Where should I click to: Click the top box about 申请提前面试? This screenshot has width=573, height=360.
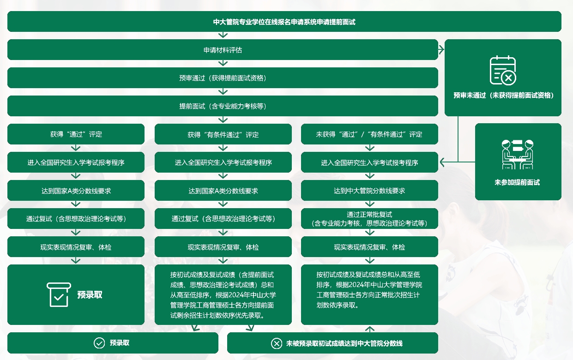pyautogui.click(x=284, y=22)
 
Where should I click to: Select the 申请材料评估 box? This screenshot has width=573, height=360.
pyautogui.click(x=223, y=49)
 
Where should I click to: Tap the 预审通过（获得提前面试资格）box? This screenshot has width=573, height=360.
pyautogui.click(x=223, y=78)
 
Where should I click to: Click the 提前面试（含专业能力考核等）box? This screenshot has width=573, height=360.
pyautogui.click(x=223, y=106)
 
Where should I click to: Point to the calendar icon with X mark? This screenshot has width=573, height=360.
pyautogui.click(x=503, y=70)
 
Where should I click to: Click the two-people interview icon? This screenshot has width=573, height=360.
pyautogui.click(x=518, y=155)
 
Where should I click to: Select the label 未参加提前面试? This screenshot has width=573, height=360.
pyautogui.click(x=517, y=182)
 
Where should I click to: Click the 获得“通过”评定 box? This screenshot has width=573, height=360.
pyautogui.click(x=76, y=134)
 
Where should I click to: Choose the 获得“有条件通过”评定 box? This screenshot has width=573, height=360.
pyautogui.click(x=223, y=134)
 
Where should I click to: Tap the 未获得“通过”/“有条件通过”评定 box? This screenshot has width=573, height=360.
pyautogui.click(x=369, y=134)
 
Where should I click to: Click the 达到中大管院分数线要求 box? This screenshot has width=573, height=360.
pyautogui.click(x=369, y=190)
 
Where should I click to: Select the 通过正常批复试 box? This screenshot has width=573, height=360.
pyautogui.click(x=369, y=218)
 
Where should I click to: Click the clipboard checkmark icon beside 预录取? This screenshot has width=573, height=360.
pyautogui.click(x=59, y=294)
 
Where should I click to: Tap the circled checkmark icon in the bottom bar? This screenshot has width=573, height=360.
pyautogui.click(x=99, y=343)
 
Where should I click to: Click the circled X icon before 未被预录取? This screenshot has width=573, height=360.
pyautogui.click(x=277, y=343)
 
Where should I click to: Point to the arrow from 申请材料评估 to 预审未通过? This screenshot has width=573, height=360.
pyautogui.click(x=441, y=49)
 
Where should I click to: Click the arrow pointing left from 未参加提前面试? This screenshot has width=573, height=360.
pyautogui.click(x=458, y=162)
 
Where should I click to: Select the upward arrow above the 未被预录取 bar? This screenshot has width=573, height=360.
pyautogui.click(x=370, y=329)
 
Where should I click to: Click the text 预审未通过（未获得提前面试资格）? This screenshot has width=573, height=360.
pyautogui.click(x=503, y=96)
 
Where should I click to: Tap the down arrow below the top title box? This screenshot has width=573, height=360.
pyautogui.click(x=223, y=35)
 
